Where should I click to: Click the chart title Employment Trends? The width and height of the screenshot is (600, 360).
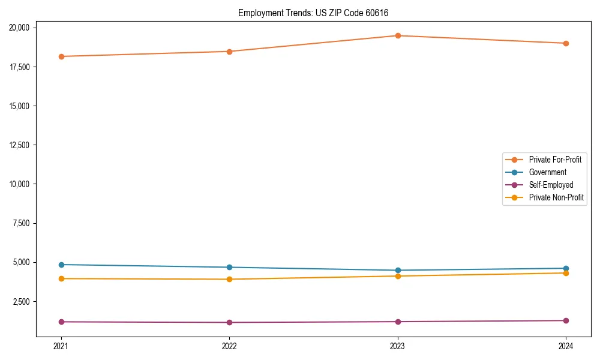(x=317, y=13)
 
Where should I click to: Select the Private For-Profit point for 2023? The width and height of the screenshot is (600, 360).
(x=398, y=35)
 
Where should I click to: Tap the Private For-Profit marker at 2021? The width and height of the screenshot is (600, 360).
(x=61, y=56)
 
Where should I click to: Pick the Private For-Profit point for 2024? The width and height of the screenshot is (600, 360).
(x=566, y=43)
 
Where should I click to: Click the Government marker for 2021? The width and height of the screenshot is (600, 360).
(x=61, y=265)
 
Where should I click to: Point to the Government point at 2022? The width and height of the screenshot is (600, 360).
(x=229, y=268)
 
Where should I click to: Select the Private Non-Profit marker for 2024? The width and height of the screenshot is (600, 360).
(x=566, y=273)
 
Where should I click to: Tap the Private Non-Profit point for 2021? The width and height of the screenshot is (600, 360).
(x=61, y=278)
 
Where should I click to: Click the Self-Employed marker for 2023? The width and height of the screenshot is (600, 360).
(x=398, y=322)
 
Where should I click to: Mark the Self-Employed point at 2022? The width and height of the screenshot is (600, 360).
(x=229, y=322)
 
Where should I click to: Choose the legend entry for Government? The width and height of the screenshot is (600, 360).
(x=547, y=172)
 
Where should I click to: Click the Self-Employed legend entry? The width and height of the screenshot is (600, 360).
(x=551, y=185)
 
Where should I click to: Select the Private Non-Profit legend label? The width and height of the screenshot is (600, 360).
(x=556, y=197)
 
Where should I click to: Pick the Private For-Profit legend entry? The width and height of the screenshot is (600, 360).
(x=555, y=160)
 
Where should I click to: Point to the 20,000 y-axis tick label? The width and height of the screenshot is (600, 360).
(x=22, y=28)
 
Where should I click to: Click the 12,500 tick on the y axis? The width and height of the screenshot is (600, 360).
(x=22, y=145)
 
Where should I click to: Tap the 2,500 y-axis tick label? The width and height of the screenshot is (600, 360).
(x=24, y=302)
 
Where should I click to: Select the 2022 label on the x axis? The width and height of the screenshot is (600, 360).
(x=229, y=346)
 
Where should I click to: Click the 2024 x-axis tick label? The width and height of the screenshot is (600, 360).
(x=566, y=346)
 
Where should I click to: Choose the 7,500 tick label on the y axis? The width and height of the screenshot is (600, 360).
(x=24, y=223)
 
